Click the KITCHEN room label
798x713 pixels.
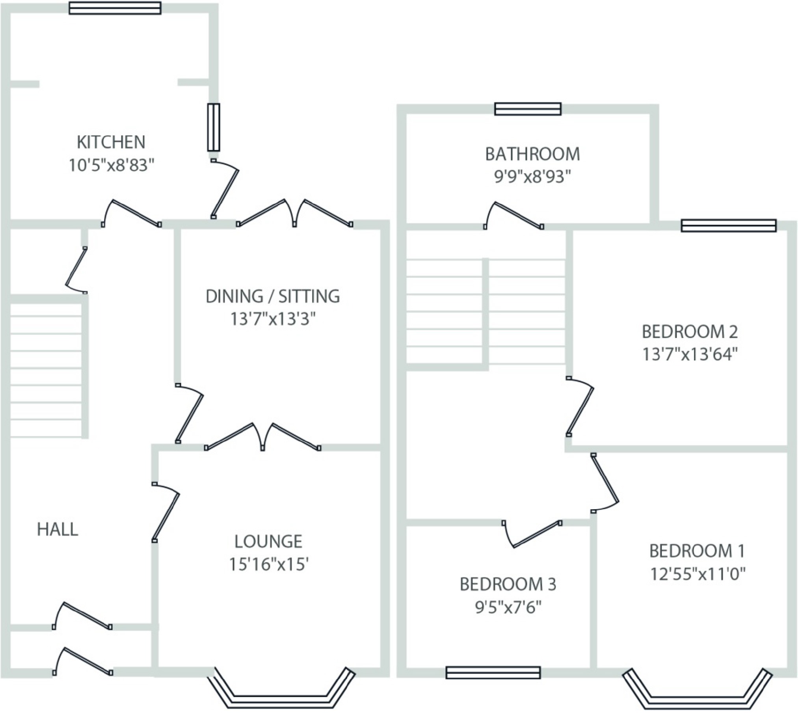click(111, 142)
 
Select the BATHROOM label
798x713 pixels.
click(532, 154)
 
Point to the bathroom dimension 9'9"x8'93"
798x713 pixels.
click(532, 177)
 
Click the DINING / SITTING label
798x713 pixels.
click(273, 296)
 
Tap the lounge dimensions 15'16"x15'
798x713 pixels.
click(268, 565)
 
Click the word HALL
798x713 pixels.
click(58, 530)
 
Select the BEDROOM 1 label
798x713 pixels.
click(697, 551)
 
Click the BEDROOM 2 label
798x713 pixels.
click(690, 332)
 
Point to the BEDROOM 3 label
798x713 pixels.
click(508, 585)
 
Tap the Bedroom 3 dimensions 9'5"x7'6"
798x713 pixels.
click(508, 608)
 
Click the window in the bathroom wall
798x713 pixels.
click(528, 109)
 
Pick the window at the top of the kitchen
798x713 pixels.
click(115, 8)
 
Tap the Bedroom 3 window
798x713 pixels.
click(493, 672)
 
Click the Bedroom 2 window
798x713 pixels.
click(729, 226)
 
